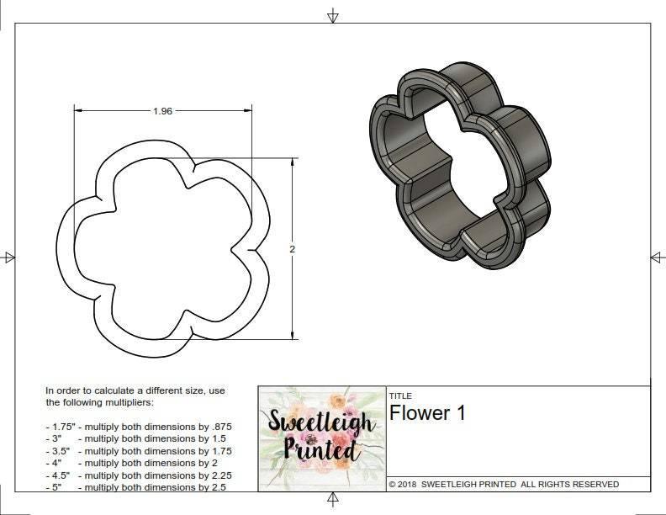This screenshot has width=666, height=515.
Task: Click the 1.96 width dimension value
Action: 162,110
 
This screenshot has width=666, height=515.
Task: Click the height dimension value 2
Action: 292,249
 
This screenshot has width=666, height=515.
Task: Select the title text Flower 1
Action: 426,413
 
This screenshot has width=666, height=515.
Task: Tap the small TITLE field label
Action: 399,396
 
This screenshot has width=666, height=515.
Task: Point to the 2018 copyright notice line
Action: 504,484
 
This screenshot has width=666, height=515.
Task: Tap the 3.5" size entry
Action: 61,451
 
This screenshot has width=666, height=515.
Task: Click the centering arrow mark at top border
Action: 333,16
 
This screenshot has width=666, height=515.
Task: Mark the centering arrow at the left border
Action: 9,257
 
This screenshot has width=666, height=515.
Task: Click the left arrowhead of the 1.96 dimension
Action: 78,110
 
